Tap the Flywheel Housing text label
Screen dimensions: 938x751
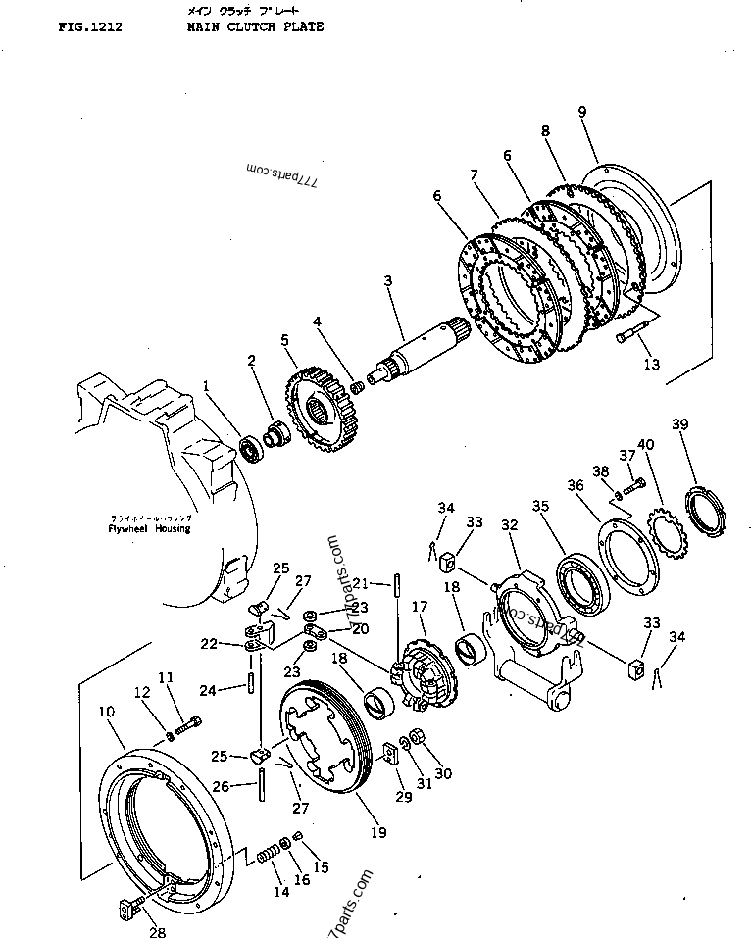tap(149, 528)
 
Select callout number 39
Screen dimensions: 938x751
tap(679, 424)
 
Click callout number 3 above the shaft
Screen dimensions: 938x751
tap(387, 281)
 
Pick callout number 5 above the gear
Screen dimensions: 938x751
tap(284, 340)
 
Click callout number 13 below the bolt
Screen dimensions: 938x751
tap(651, 365)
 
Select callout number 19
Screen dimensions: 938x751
tap(378, 833)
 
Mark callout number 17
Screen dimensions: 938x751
tap(418, 608)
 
